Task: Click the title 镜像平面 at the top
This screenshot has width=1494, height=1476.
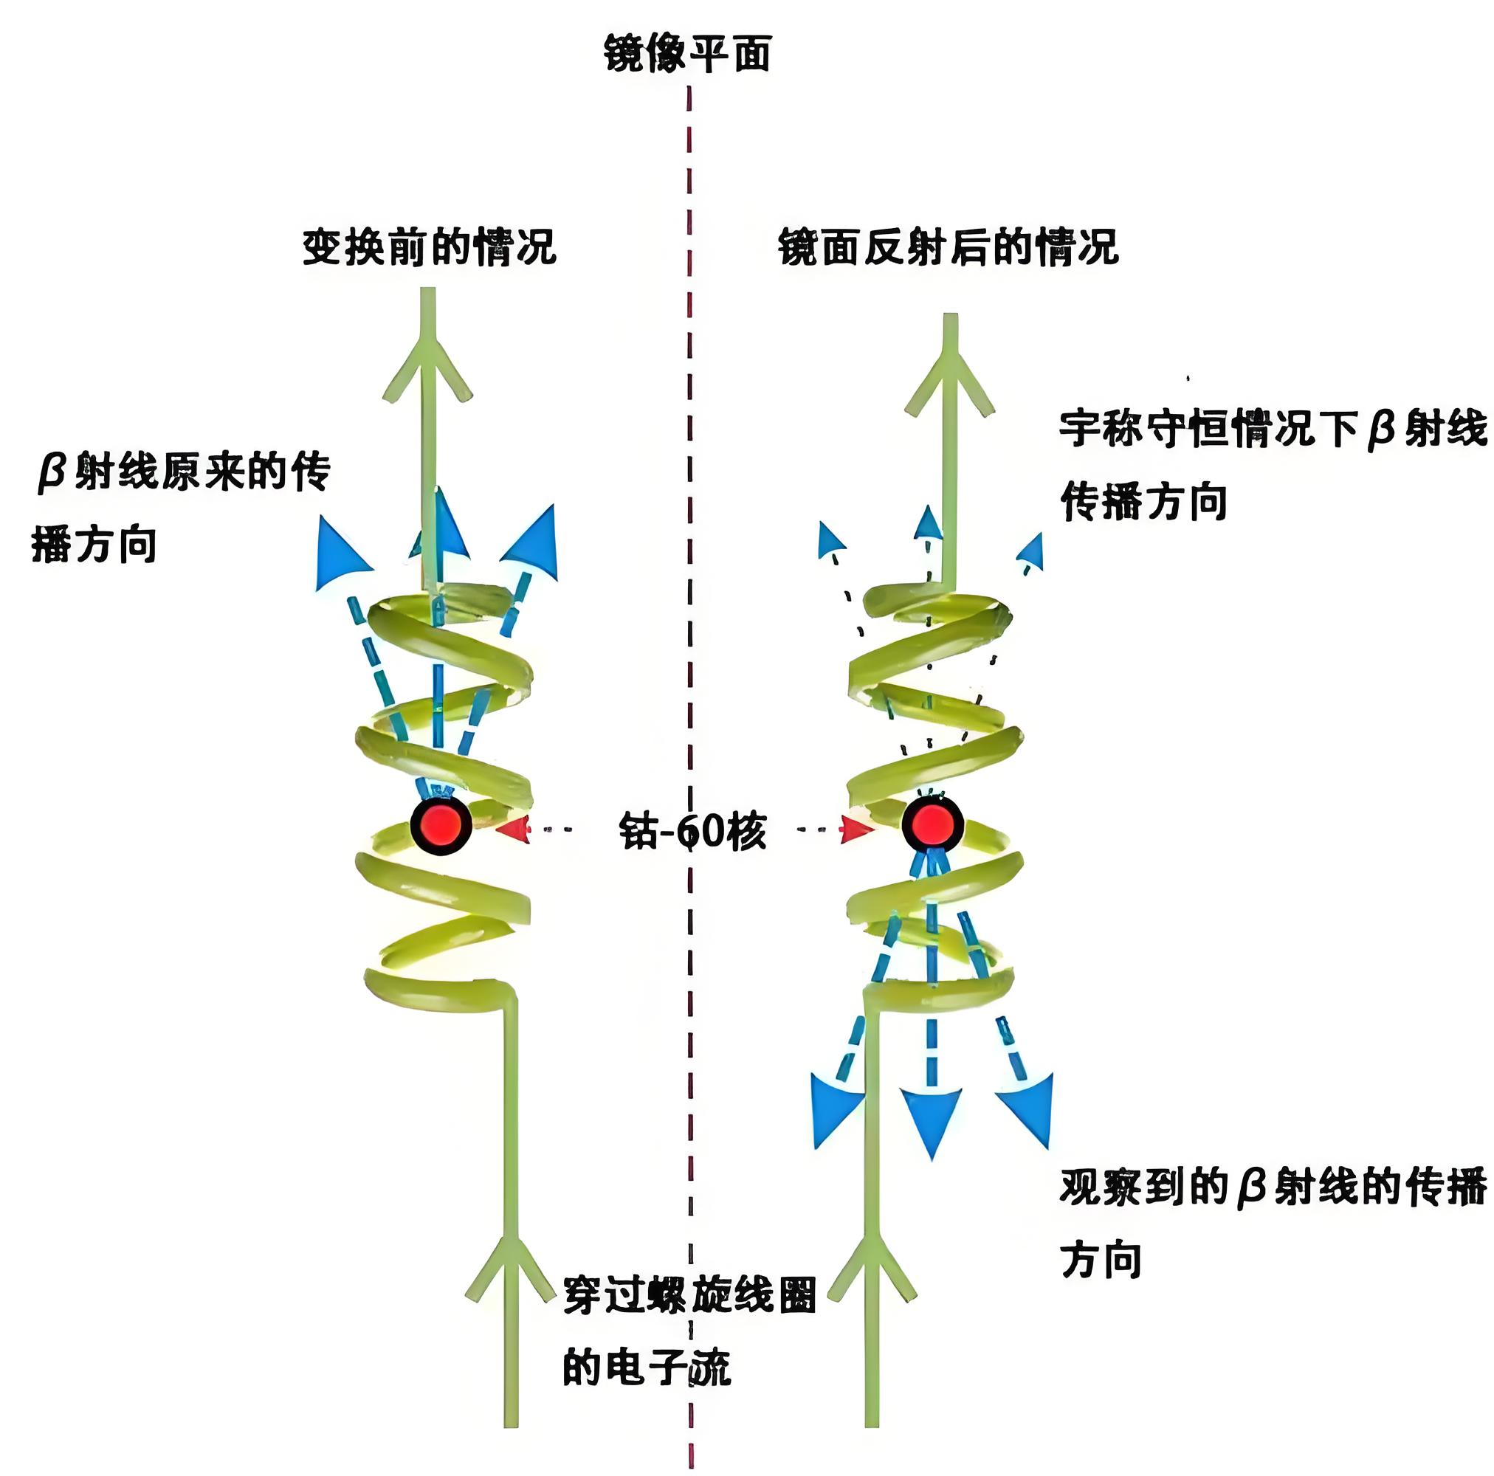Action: click(686, 54)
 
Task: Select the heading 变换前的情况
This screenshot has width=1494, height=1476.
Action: click(429, 247)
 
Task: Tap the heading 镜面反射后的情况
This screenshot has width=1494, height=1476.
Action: click(948, 247)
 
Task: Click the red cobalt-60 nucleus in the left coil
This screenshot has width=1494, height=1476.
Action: click(440, 825)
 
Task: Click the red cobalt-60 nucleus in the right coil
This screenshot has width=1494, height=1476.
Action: click(932, 824)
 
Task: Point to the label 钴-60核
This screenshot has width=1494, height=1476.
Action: click(693, 831)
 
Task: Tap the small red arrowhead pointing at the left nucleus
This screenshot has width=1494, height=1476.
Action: click(513, 829)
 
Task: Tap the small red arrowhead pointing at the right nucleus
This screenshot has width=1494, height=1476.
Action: click(858, 829)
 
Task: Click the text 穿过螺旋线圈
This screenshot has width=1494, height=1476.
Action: click(689, 1294)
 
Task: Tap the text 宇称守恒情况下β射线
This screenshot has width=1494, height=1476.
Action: click(1273, 428)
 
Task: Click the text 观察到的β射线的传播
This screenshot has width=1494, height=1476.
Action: click(1273, 1187)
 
